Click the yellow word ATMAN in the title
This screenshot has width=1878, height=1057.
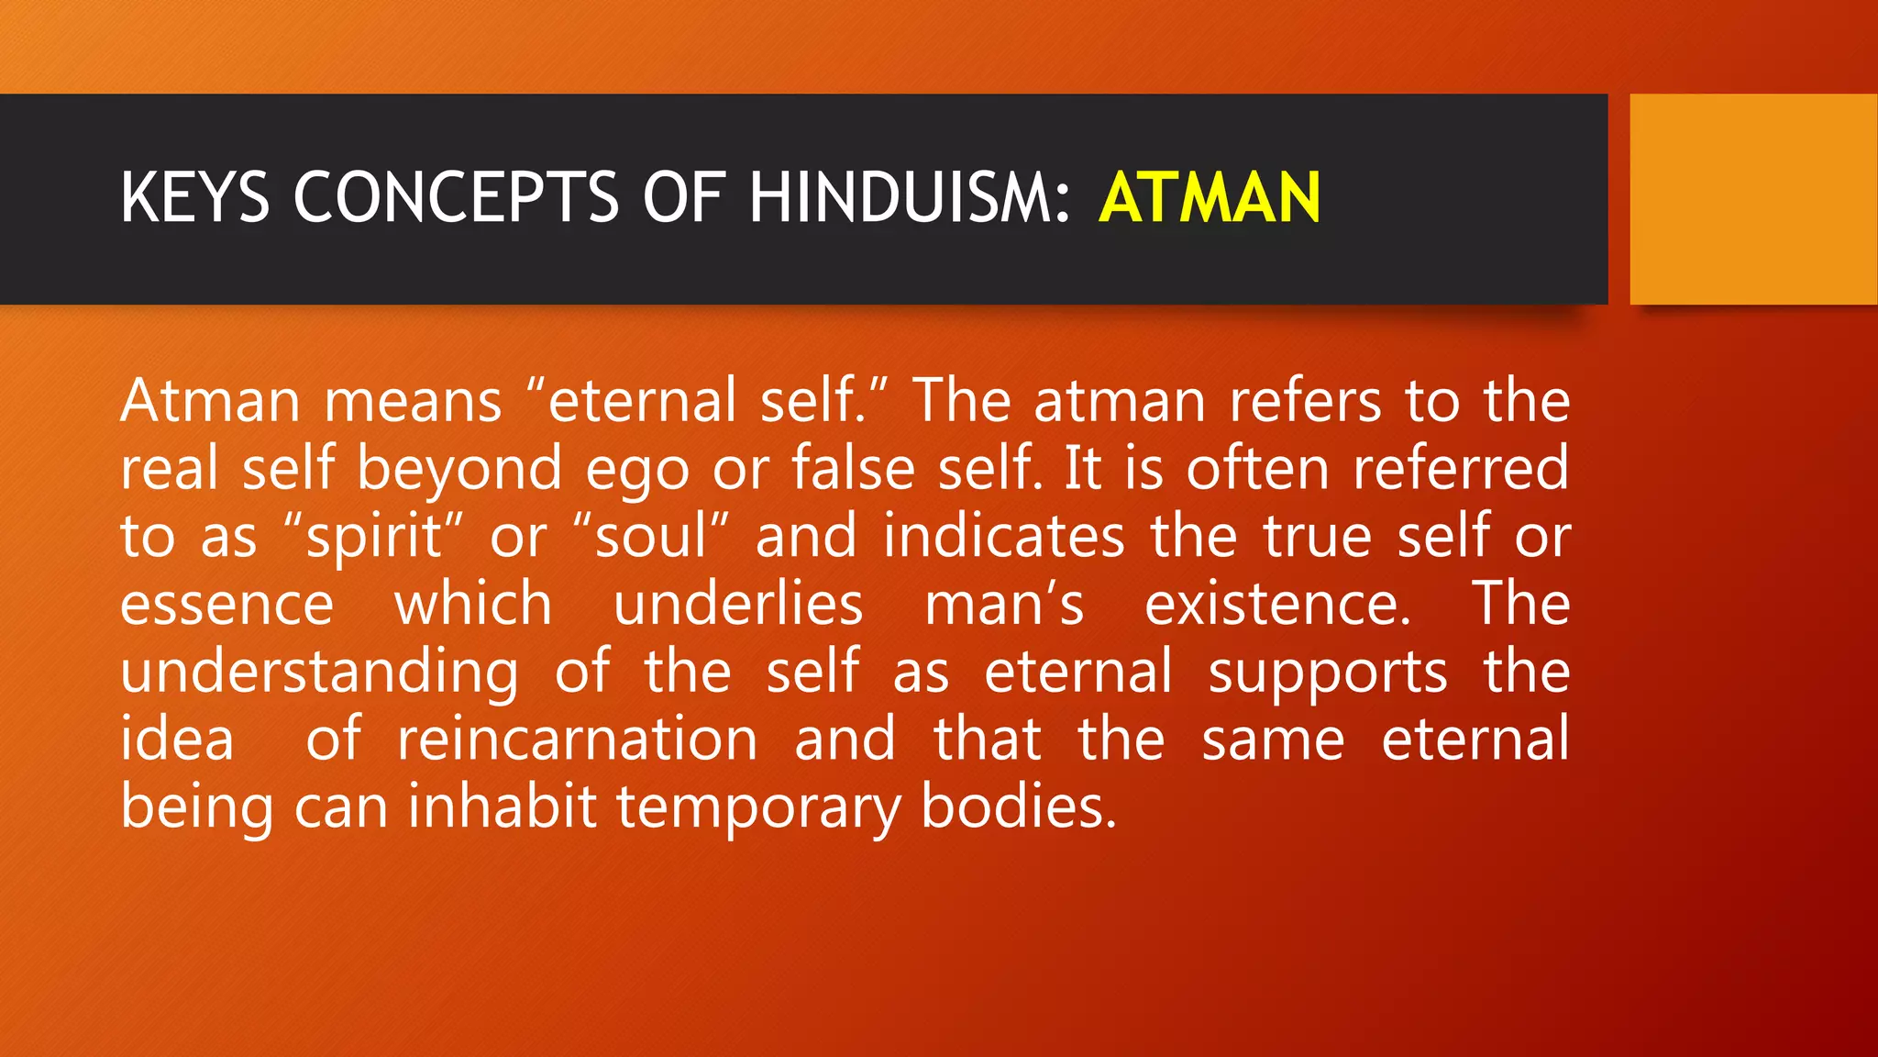(x=1210, y=197)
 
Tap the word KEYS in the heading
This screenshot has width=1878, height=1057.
(x=194, y=197)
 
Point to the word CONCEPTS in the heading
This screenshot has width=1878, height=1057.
(x=456, y=197)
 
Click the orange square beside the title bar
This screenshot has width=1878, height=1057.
(x=1752, y=199)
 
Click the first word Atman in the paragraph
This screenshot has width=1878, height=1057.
(x=210, y=401)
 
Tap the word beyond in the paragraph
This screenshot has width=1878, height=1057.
(x=458, y=469)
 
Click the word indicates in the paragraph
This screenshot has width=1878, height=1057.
(x=1003, y=536)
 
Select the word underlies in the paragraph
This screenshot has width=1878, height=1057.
(x=738, y=604)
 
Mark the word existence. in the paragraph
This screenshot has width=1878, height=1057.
(x=1277, y=604)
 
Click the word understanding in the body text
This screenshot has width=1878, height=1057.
(x=319, y=673)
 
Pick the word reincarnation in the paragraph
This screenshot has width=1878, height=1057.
(x=578, y=740)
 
